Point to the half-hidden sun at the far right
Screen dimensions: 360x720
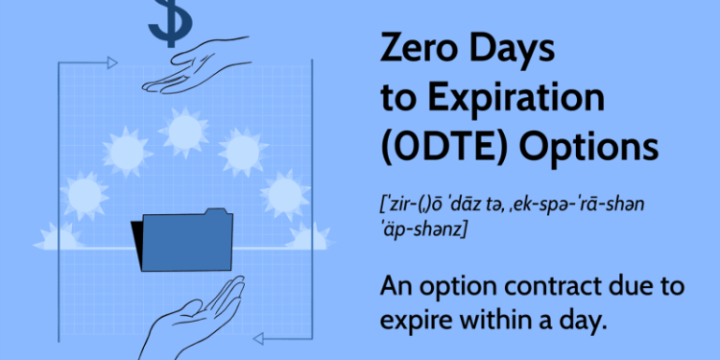(309, 236)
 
